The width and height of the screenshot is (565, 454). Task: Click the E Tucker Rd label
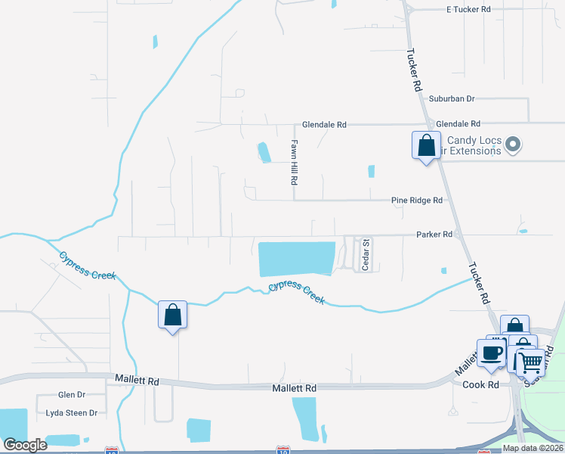[468, 9]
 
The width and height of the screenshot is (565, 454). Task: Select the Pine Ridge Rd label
[416, 201]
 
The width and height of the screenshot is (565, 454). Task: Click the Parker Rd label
[434, 235]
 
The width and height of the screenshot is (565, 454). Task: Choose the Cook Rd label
[481, 384]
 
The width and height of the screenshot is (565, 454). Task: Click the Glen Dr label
[72, 395]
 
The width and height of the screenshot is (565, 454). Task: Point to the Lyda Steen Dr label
[72, 412]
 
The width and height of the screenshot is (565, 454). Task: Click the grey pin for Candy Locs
[513, 144]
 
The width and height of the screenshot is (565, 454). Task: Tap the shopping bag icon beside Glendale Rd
[426, 144]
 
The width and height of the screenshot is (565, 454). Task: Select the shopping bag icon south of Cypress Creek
[172, 314]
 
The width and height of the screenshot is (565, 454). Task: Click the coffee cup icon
[491, 353]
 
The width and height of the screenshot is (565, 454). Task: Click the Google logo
[25, 445]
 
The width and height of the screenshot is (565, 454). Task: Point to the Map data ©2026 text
[533, 448]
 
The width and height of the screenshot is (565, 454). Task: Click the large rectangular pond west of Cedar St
[296, 259]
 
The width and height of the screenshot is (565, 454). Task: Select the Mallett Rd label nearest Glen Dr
[137, 378]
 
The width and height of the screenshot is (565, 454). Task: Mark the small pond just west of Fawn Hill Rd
[264, 152]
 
